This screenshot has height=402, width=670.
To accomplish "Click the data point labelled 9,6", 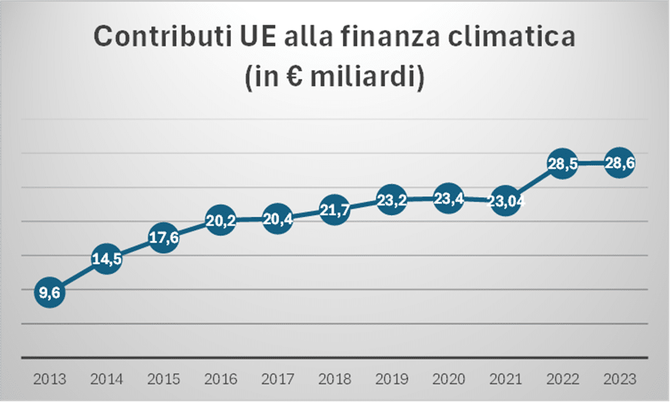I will (x=49, y=293).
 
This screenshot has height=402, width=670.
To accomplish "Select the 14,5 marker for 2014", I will (x=107, y=260).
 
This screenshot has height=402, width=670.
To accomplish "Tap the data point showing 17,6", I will (x=164, y=239).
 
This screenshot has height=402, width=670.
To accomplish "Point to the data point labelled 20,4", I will (x=278, y=221).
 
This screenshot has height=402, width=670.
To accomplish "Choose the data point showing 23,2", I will (x=391, y=201).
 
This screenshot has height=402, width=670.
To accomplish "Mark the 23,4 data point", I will (x=448, y=200).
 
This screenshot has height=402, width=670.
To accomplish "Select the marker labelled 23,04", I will (x=506, y=202).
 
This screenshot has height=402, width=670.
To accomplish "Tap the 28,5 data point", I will (x=562, y=164).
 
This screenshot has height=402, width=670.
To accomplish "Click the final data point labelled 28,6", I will (x=619, y=164).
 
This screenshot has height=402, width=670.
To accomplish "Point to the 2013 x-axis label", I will (x=49, y=379).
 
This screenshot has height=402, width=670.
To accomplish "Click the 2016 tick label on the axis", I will (x=221, y=379).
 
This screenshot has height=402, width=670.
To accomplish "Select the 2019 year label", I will (x=391, y=379).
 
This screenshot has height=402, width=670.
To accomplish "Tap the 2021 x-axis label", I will (x=506, y=379).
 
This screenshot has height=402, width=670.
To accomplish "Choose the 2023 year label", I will (x=619, y=379).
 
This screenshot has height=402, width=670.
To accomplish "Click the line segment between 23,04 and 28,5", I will (x=534, y=183).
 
